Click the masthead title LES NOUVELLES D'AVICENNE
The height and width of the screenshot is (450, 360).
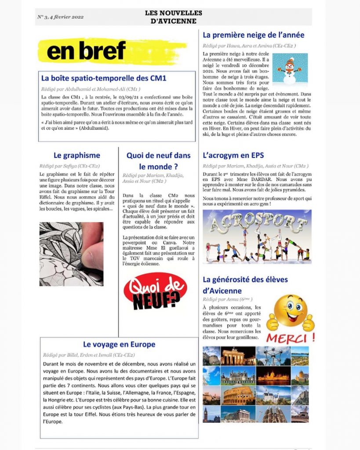pyautogui.click(x=173, y=17)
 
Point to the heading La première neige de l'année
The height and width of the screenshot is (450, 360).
pyautogui.click(x=253, y=35)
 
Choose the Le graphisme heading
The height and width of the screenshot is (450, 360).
pyautogui.click(x=77, y=155)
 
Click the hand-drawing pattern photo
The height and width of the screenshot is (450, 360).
pyautogui.click(x=71, y=254)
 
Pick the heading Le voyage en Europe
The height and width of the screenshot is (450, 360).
pyautogui.click(x=119, y=345)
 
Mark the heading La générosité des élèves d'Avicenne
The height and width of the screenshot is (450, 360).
pyautogui.click(x=245, y=285)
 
